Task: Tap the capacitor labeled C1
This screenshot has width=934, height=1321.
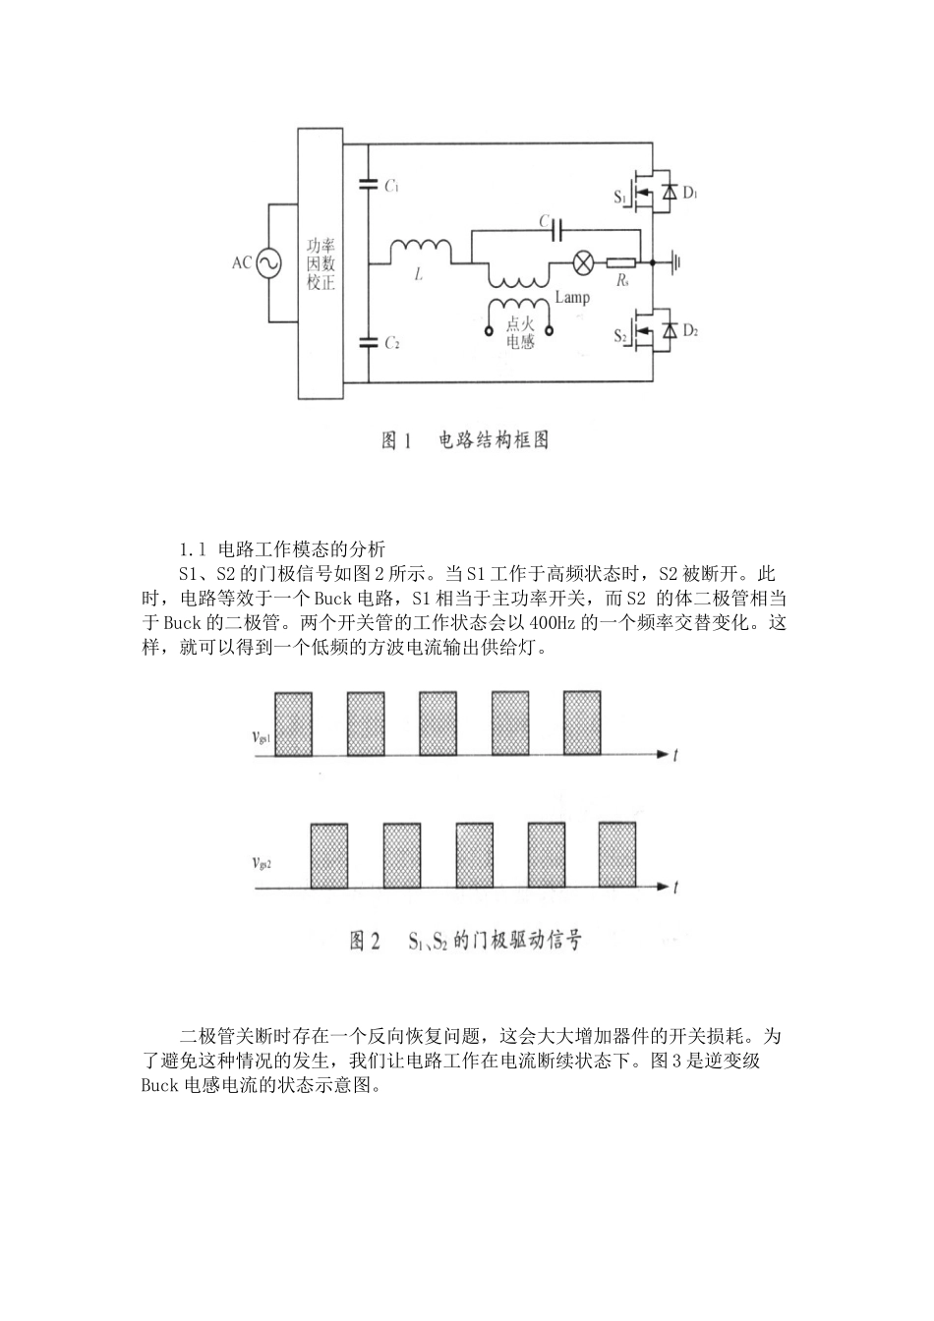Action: point(369,183)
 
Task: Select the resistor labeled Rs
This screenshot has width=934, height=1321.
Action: point(620,262)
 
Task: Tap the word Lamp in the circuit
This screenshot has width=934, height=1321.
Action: point(572,297)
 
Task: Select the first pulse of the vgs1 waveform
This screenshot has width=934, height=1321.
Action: point(294,724)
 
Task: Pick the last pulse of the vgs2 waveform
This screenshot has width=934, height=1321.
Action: point(618,856)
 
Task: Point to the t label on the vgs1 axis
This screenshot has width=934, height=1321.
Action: point(676,755)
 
